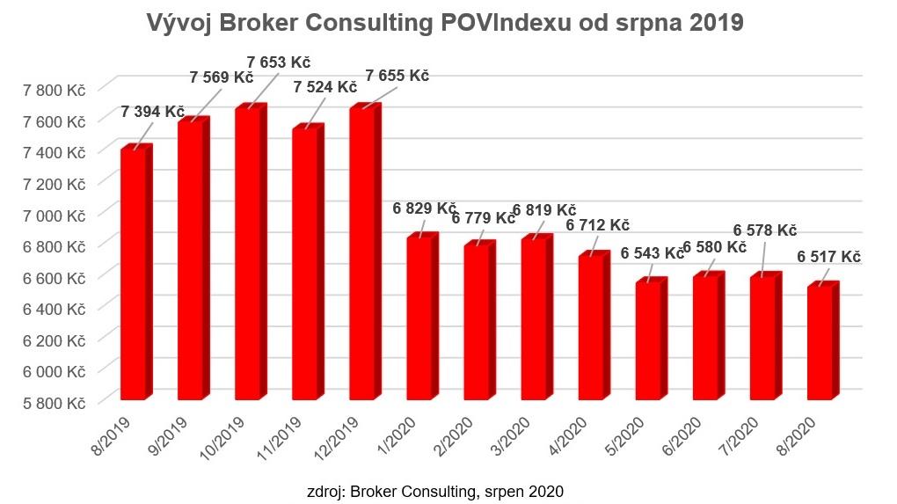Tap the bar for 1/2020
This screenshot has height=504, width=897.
419,318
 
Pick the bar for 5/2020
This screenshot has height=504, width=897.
648,340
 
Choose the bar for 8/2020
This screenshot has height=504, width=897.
820,341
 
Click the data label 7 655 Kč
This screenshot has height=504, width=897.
396,76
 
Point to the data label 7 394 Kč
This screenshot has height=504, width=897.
153,112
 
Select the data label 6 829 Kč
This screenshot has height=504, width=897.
424,209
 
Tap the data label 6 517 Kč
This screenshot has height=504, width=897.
828,257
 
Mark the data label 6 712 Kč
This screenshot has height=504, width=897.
598,225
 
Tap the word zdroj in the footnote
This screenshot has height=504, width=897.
322,490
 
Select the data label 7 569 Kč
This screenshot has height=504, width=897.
222,77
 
